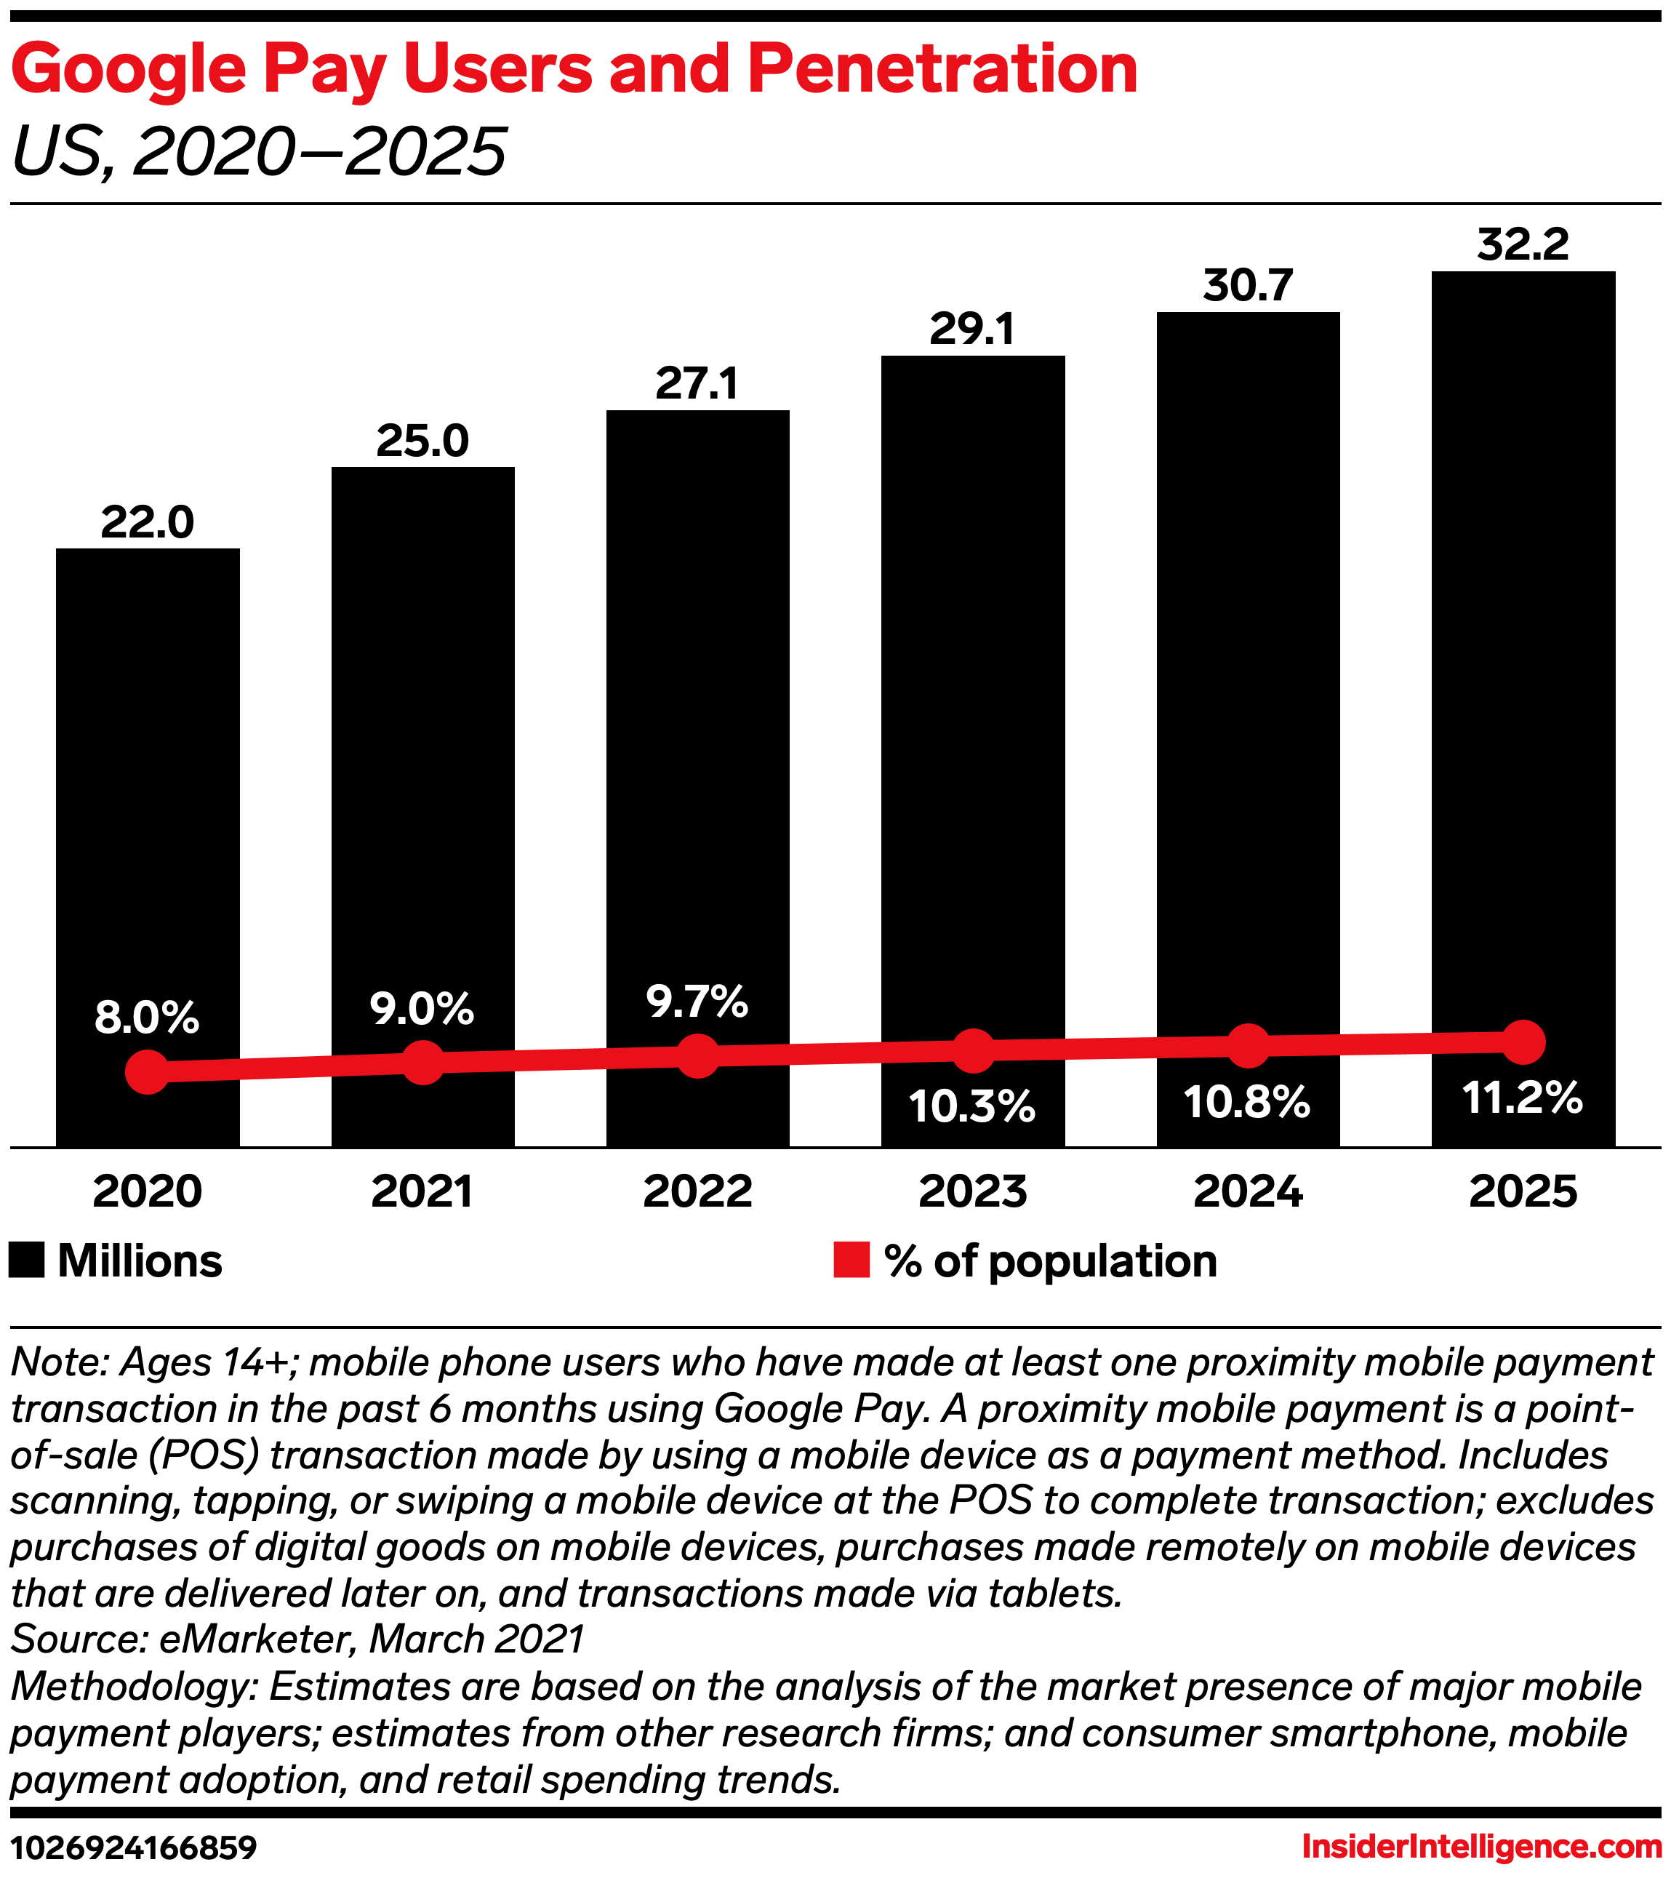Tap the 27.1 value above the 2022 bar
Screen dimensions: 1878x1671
pyautogui.click(x=697, y=383)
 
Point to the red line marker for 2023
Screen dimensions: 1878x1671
pyautogui.click(x=973, y=1050)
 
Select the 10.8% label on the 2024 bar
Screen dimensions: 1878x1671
pyautogui.click(x=1246, y=1102)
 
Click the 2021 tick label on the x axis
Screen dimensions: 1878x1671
pyautogui.click(x=422, y=1191)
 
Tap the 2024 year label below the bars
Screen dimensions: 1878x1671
pyautogui.click(x=1248, y=1191)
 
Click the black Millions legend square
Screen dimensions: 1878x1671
pyautogui.click(x=27, y=1260)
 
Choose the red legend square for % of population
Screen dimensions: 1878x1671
pyautogui.click(x=851, y=1260)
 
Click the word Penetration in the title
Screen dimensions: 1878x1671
pyautogui.click(x=942, y=69)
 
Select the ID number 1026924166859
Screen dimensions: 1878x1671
pyautogui.click(x=133, y=1847)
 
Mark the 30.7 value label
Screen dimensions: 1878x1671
pyautogui.click(x=1248, y=286)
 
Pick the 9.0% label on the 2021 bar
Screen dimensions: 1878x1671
pyautogui.click(x=422, y=1009)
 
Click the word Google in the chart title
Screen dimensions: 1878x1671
pyautogui.click(x=129, y=69)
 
